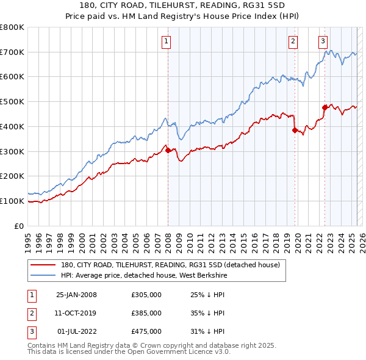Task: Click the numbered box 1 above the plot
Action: [x=166, y=41]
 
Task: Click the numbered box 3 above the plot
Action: [x=323, y=41]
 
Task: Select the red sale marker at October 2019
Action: [x=295, y=130]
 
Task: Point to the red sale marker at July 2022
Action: [x=325, y=107]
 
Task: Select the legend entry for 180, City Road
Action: [x=170, y=265]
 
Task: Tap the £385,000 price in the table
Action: [x=146, y=313]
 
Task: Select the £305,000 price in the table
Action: [x=146, y=295]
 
